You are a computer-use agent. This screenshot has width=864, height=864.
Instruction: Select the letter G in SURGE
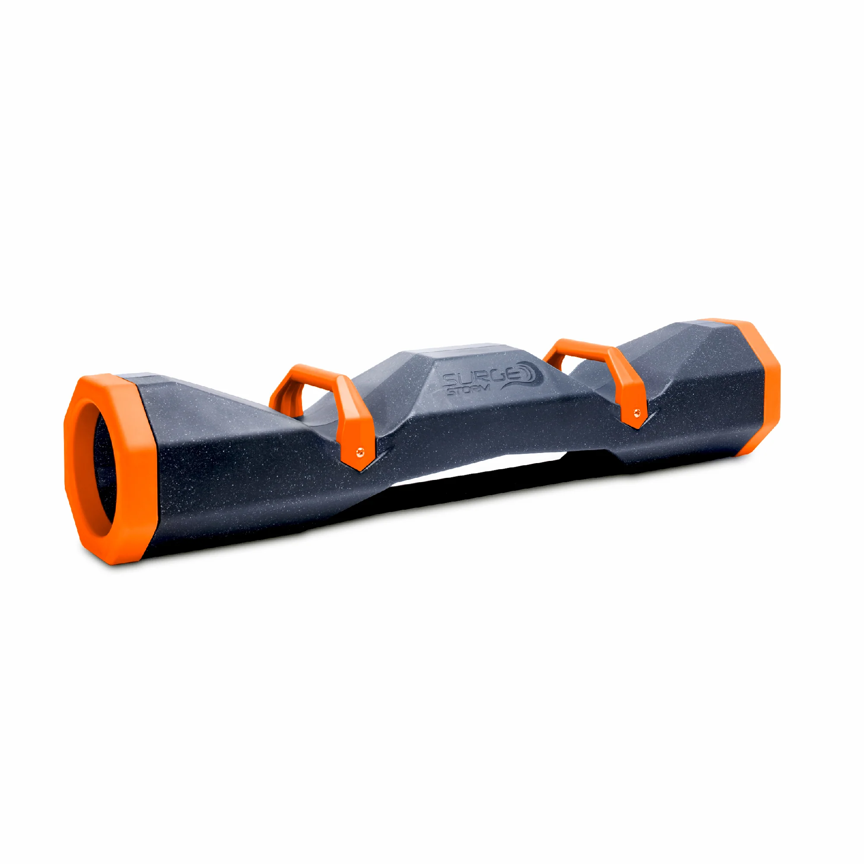(499, 377)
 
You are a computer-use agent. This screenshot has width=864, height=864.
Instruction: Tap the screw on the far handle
(637, 412)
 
